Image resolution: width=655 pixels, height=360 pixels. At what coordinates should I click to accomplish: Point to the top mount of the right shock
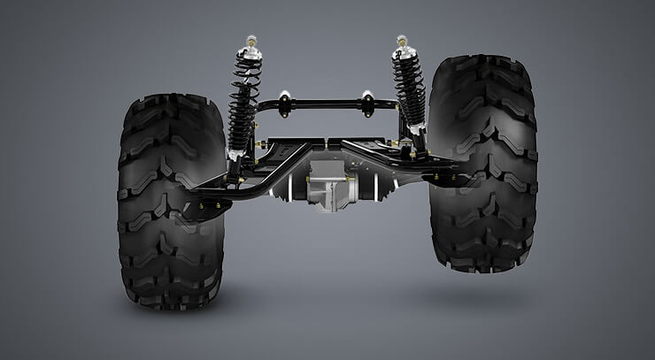(x=403, y=42)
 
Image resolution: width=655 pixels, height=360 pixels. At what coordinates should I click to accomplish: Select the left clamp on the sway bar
(x=285, y=103)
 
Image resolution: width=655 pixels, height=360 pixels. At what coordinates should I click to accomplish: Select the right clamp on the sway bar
(x=366, y=103)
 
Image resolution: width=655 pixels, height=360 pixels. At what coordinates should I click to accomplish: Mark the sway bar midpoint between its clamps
(x=326, y=103)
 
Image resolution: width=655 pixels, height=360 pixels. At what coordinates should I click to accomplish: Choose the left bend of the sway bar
(x=258, y=110)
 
